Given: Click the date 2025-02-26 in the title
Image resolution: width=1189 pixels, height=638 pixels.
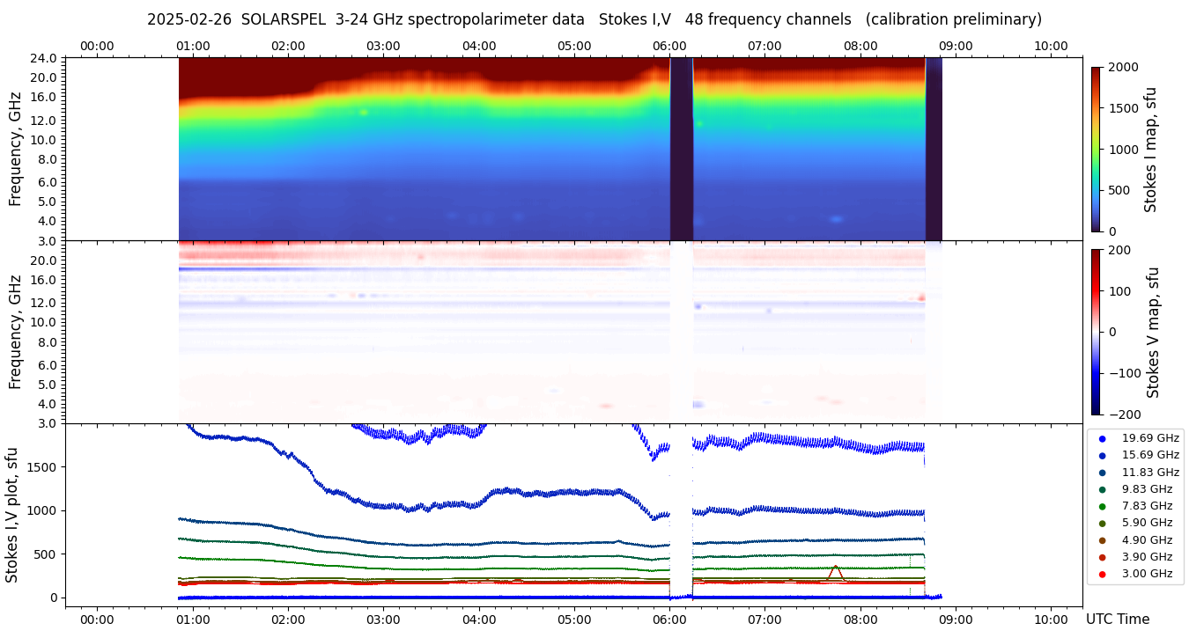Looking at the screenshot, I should (x=189, y=19).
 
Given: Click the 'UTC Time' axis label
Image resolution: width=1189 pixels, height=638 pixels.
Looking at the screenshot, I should (x=1117, y=620).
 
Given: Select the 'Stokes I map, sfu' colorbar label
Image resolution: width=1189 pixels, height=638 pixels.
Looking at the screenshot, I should (x=1150, y=150).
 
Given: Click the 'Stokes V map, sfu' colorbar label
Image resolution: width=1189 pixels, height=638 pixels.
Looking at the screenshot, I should (x=1152, y=333).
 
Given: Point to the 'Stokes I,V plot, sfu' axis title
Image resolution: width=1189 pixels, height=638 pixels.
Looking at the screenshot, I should (x=11, y=514).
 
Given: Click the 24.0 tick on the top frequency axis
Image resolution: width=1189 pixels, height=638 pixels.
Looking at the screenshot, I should (x=45, y=58).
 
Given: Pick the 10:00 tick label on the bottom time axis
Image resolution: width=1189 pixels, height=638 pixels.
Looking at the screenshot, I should (x=1051, y=620).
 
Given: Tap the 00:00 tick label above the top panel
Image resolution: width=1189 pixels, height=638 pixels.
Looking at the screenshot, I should (x=97, y=46).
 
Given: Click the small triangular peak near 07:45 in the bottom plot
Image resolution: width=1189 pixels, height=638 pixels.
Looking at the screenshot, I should (x=835, y=570).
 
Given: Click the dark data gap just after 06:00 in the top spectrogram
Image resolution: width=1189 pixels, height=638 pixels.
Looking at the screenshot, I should (x=681, y=150).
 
